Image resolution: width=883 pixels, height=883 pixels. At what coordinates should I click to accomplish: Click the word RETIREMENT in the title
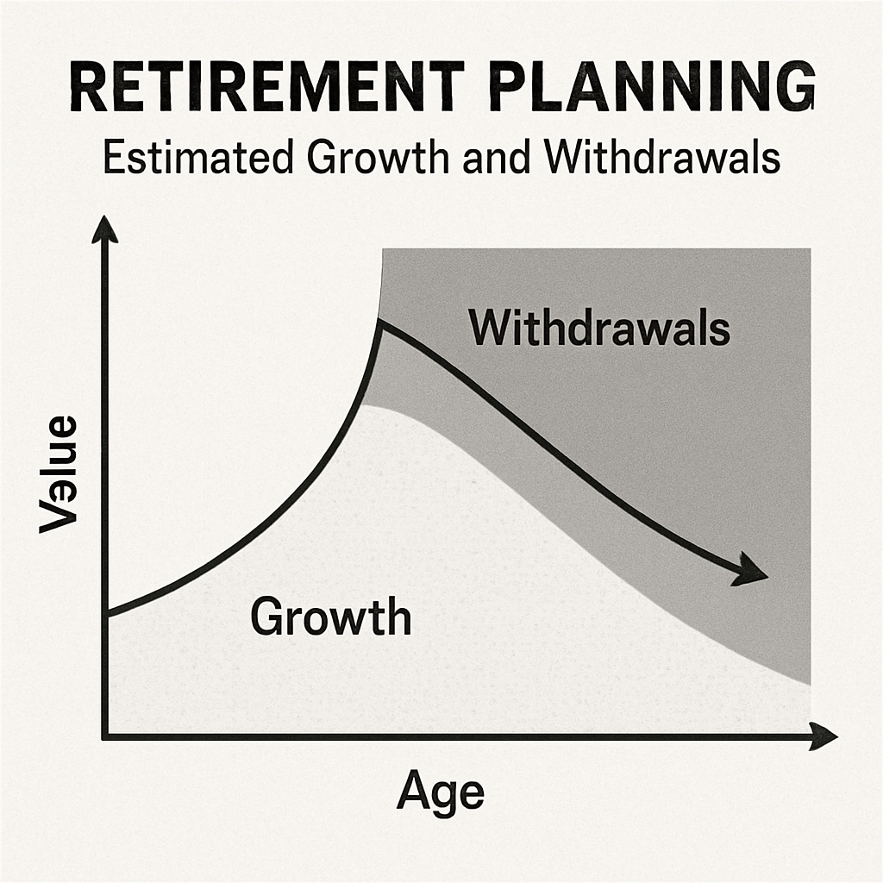tap(267, 86)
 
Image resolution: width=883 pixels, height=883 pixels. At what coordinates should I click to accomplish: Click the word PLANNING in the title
tap(652, 86)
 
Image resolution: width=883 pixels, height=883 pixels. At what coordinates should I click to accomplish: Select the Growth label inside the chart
tap(331, 617)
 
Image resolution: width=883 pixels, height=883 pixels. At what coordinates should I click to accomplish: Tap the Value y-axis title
tap(58, 473)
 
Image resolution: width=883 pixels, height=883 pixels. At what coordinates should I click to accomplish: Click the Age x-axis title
tap(441, 792)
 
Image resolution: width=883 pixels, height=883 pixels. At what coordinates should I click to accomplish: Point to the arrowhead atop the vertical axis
tap(104, 230)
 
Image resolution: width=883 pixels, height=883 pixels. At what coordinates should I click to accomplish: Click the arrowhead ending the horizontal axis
tap(823, 736)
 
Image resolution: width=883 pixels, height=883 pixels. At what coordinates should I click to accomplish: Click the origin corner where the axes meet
tap(104, 736)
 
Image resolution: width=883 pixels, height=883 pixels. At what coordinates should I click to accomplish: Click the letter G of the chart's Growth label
tap(267, 617)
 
